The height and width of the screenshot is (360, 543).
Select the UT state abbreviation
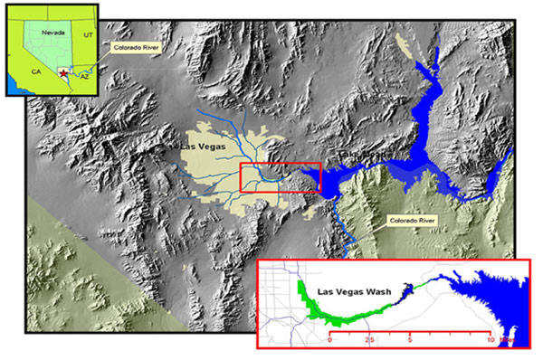click(88, 33)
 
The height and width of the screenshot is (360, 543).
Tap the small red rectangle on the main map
click(279, 177)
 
